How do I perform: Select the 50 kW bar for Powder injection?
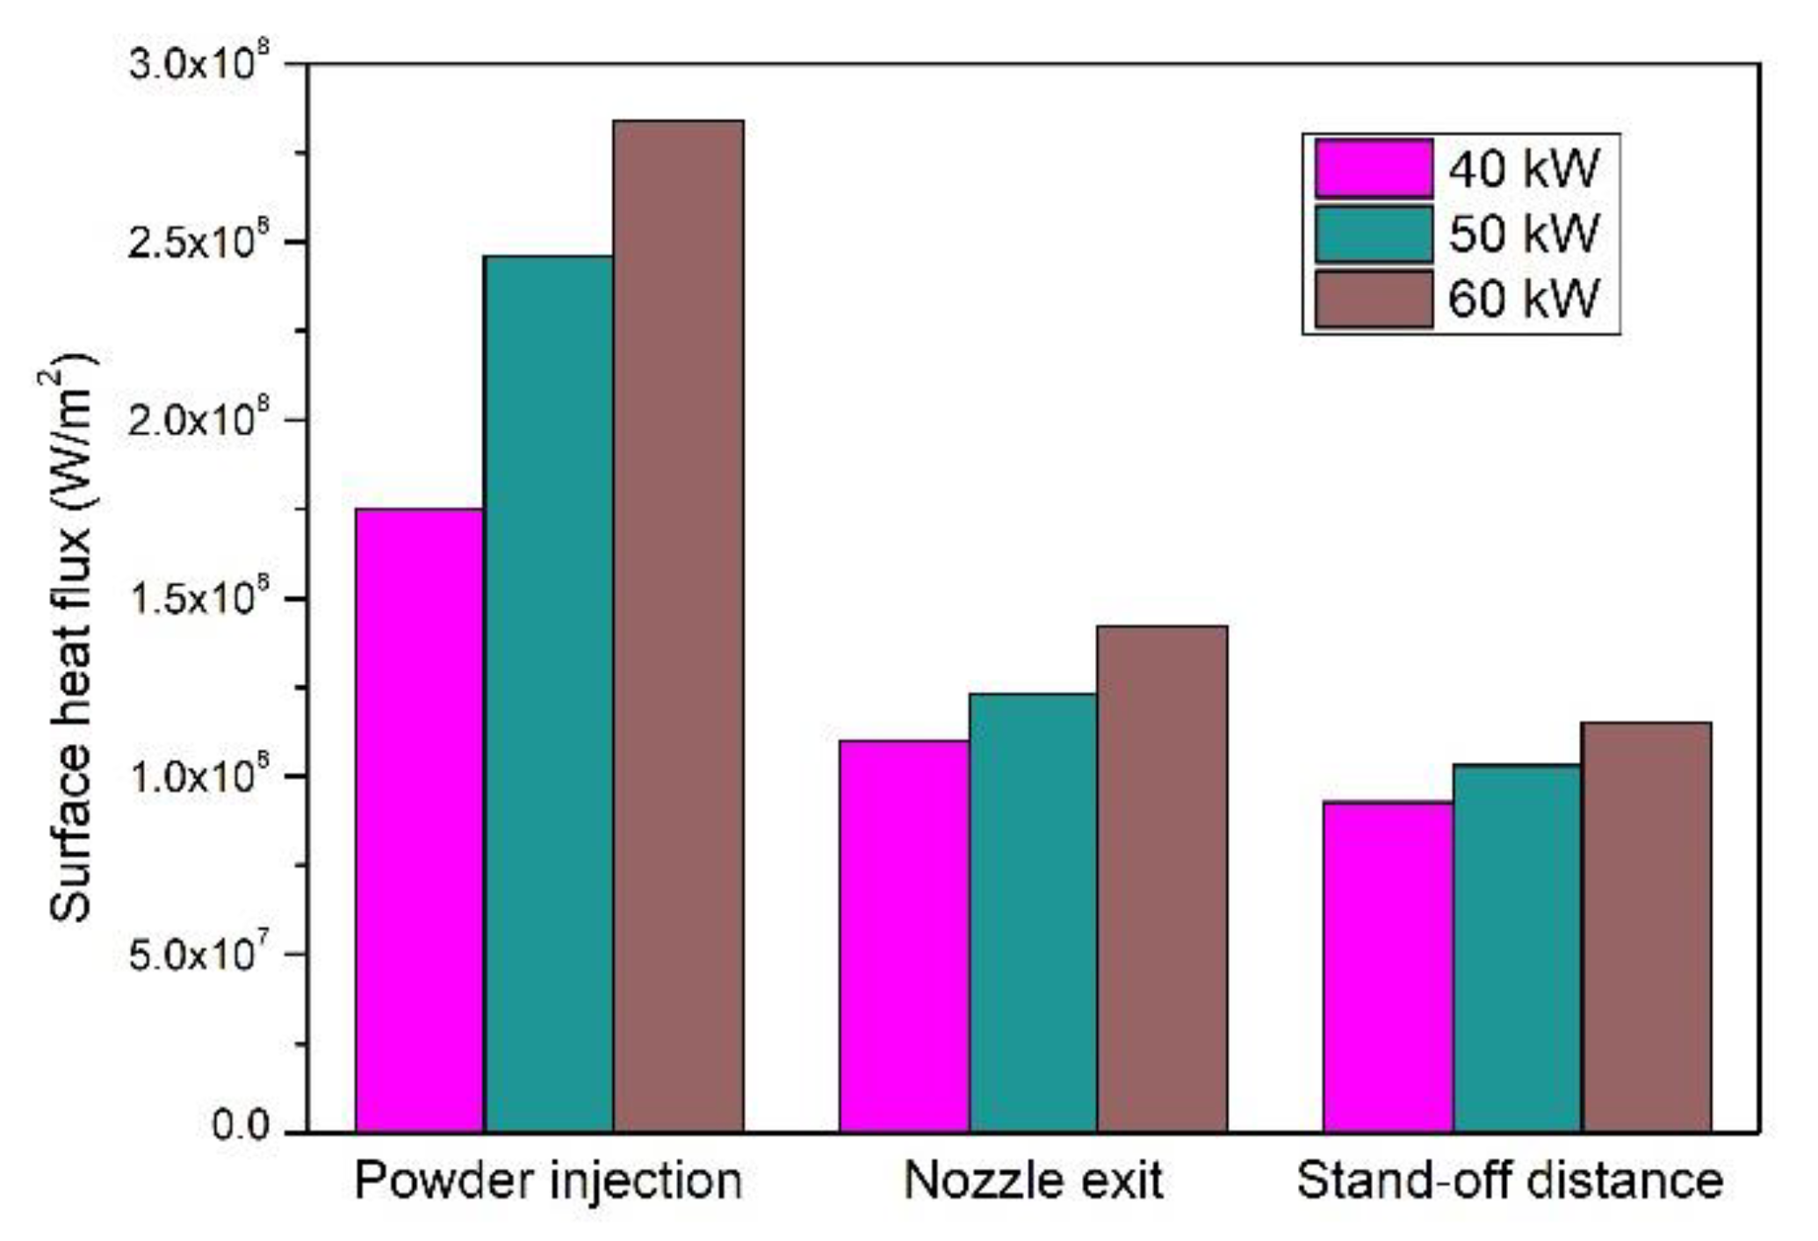pos(549,694)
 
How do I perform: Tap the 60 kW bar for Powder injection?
pos(678,625)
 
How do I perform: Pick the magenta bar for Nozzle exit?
pos(904,935)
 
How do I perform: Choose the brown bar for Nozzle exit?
pos(1162,878)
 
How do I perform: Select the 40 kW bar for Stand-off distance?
pos(1388,966)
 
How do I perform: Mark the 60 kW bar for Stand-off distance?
pos(1646,927)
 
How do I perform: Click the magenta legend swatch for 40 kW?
pos(1374,168)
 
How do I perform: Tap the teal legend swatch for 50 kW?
pos(1374,234)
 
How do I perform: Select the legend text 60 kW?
pos(1524,299)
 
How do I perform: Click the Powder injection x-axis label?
pos(549,1181)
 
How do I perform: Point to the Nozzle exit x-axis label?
pos(1033,1181)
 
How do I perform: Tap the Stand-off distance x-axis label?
pos(1510,1181)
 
